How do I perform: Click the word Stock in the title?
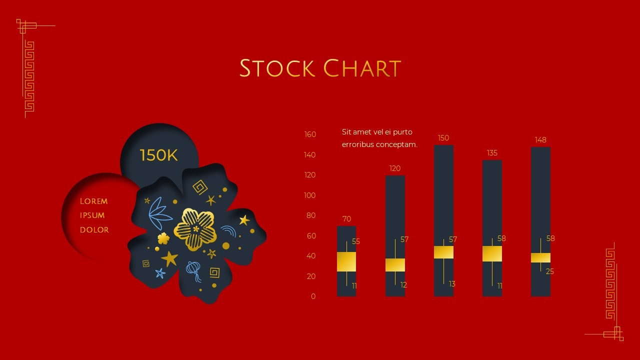coord(276,68)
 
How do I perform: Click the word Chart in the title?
coord(362,68)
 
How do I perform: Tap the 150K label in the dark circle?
coord(158,155)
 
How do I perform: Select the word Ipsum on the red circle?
coord(92,215)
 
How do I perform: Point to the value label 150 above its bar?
coord(443,138)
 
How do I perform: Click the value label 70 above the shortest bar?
coord(346,219)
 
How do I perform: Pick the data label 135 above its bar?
coord(492,153)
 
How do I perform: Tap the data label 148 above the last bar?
coord(540,140)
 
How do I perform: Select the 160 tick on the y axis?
coord(310,134)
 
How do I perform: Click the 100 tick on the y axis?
coord(310,195)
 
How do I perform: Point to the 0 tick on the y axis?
coord(313,296)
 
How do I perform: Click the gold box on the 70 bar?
coord(346,261)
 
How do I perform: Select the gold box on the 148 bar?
coord(540,257)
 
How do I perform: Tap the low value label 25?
coord(550,271)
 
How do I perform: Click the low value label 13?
coord(452,284)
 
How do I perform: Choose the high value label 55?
coord(356,241)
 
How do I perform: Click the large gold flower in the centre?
coord(195,229)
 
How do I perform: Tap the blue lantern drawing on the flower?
coord(193,270)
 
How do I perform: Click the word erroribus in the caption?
coord(359,144)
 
